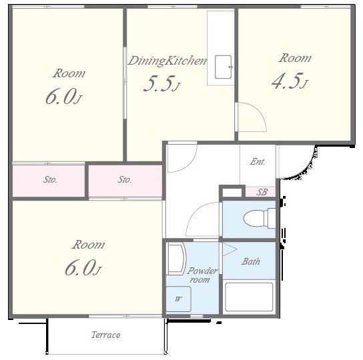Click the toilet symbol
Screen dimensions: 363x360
[x=260, y=218]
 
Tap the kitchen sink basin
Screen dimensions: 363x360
[x=224, y=67]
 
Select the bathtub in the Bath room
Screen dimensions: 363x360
[x=249, y=297]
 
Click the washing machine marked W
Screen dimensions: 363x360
[x=178, y=299]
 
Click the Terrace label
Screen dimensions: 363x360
[x=106, y=335]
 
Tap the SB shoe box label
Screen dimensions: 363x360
[x=262, y=192]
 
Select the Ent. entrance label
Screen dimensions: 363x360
[x=258, y=161]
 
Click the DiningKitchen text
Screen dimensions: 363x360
[x=167, y=61]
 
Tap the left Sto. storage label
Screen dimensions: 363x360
[x=50, y=179]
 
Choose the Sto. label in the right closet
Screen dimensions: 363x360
[x=125, y=179]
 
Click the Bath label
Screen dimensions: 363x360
[x=251, y=261]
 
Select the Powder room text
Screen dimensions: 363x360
[x=202, y=275]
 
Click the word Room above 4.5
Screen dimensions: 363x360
[x=295, y=58]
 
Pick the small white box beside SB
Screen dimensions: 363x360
[x=232, y=193]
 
